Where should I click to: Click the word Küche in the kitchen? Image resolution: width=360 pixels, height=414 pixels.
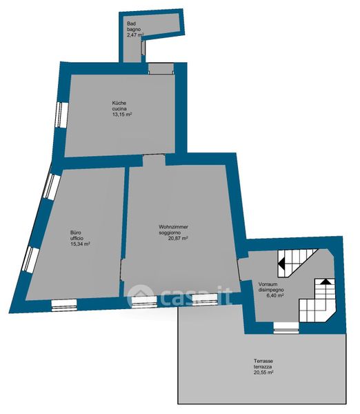(x=119, y=103)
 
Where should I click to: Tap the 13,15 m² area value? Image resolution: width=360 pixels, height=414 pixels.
(x=122, y=115)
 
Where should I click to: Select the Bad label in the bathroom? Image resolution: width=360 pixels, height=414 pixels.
(x=131, y=23)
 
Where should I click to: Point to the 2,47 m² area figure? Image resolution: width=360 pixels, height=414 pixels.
(x=135, y=35)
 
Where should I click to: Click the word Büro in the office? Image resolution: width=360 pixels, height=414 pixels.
(x=75, y=233)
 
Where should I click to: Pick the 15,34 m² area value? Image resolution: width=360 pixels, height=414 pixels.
(x=80, y=244)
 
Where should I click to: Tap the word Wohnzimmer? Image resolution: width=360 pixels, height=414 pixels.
(x=173, y=227)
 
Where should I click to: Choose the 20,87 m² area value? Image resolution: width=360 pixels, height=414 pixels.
(x=178, y=238)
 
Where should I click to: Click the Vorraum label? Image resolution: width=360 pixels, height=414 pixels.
(x=268, y=284)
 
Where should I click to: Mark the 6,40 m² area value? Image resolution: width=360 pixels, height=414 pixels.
(x=275, y=296)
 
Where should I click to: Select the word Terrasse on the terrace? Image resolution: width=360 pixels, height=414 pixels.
(x=263, y=361)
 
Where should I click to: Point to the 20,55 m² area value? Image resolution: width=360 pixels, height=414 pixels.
(x=263, y=373)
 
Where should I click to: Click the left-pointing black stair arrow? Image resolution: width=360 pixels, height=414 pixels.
(x=281, y=264)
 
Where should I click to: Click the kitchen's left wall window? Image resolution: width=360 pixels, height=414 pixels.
(x=62, y=115)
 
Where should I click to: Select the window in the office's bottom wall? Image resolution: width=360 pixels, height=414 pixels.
(x=64, y=305)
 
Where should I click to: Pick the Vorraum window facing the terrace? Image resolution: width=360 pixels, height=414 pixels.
(x=286, y=328)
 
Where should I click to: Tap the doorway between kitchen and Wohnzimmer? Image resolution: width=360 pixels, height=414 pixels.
(x=154, y=160)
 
